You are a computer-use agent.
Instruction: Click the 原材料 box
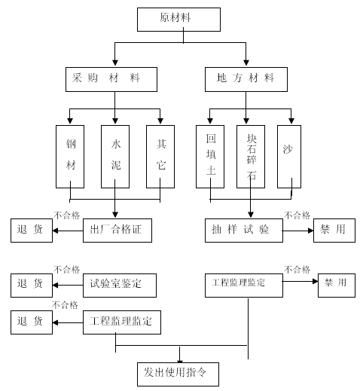[x=178, y=20]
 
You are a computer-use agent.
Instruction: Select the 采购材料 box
[x=111, y=79]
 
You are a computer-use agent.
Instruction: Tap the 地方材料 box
[x=246, y=79]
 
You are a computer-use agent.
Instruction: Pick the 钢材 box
[x=70, y=157]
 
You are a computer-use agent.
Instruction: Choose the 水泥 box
[x=115, y=157]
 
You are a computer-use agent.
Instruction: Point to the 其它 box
[x=160, y=157]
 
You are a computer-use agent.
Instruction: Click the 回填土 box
[x=210, y=157]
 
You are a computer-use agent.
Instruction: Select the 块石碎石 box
[x=251, y=157]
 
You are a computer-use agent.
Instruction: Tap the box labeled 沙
[x=289, y=157]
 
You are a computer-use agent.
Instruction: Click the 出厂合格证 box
[x=117, y=231]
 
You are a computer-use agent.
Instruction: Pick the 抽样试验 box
[x=244, y=231]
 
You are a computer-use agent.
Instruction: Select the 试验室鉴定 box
[x=120, y=286]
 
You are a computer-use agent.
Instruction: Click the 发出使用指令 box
[x=178, y=374]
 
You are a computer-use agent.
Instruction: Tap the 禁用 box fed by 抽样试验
[x=334, y=231]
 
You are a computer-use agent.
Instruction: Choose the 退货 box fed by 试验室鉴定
[x=32, y=286]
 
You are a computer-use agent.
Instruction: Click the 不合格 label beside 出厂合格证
[x=66, y=215]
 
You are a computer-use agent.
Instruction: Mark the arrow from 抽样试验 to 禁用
[x=298, y=231]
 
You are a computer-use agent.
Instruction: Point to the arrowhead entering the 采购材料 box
[x=115, y=63]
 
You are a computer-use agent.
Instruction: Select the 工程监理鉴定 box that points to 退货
[x=122, y=322]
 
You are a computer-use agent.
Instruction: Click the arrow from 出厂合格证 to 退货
[x=68, y=231]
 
